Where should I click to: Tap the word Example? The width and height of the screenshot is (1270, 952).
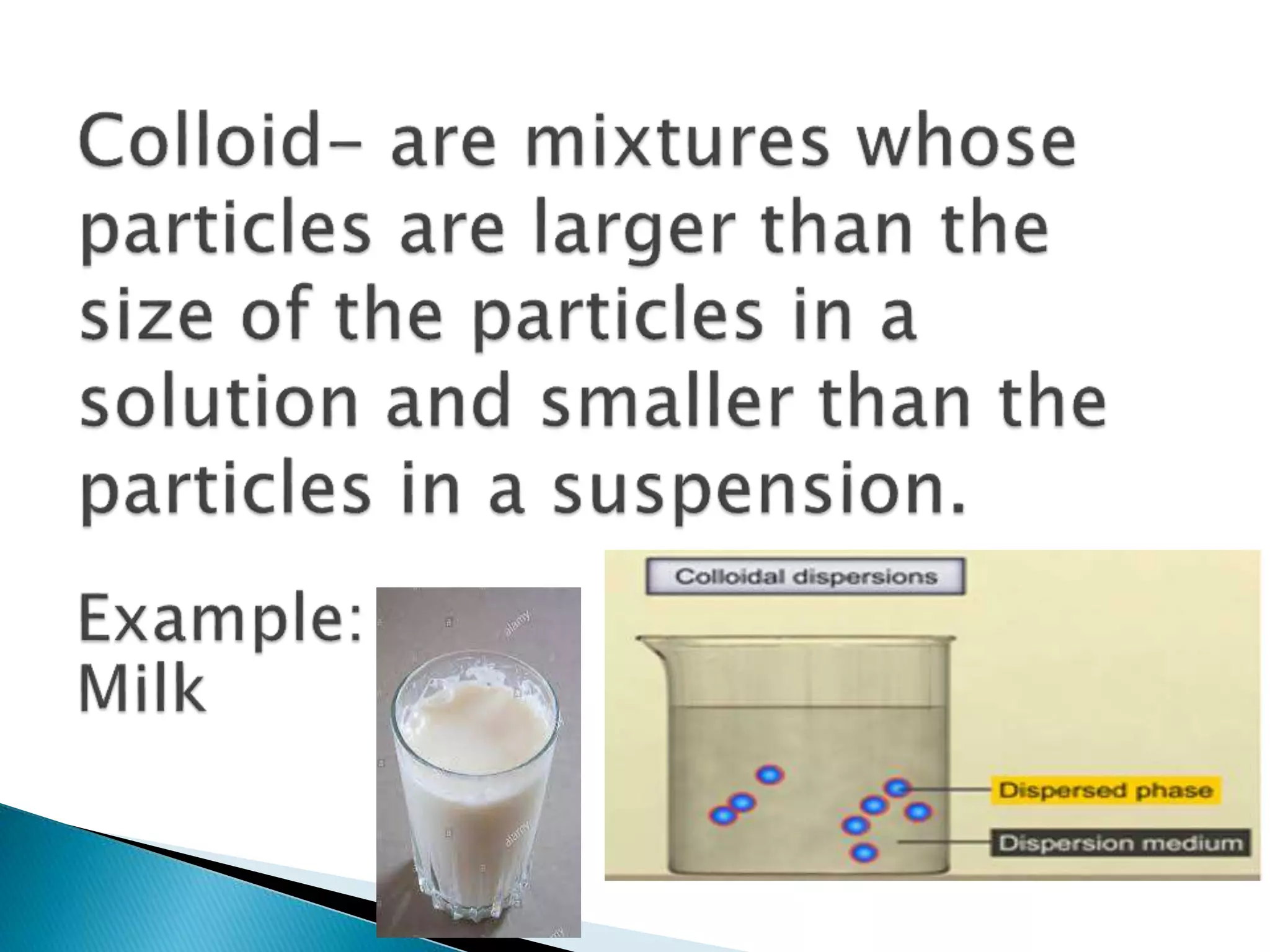[220, 622]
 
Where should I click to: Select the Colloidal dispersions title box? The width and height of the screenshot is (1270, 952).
[805, 577]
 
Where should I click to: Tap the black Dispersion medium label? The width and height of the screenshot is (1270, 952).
[1120, 844]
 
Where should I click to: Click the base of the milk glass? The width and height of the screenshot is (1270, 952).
[477, 911]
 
